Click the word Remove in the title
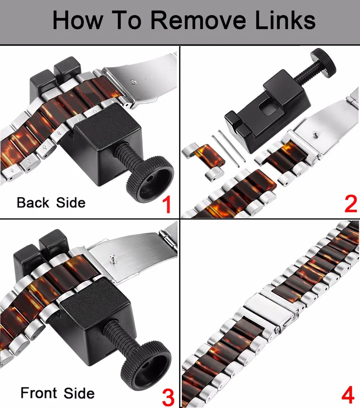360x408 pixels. click(x=198, y=20)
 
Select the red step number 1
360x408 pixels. click(x=167, y=204)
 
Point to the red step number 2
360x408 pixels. click(x=351, y=203)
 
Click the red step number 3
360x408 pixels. click(x=168, y=397)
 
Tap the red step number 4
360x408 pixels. click(x=348, y=395)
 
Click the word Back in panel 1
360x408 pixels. click(x=33, y=203)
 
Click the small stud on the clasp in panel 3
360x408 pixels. click(x=113, y=258)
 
